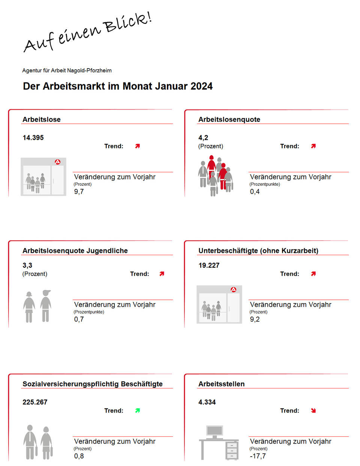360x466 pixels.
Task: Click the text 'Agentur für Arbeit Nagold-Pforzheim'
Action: (67, 70)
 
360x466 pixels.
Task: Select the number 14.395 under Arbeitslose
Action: (33, 138)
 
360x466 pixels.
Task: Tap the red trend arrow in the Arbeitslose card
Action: (138, 146)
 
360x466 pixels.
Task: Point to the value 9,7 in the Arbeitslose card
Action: (79, 192)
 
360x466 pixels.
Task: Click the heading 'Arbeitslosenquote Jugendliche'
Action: (75, 251)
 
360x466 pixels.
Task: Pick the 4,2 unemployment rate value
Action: (203, 138)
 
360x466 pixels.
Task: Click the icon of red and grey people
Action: (215, 176)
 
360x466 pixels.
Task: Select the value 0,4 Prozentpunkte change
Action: (255, 192)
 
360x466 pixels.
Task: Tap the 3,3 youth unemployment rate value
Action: (27, 266)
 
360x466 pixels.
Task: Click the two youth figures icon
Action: (37, 306)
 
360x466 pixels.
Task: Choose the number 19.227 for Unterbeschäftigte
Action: (209, 266)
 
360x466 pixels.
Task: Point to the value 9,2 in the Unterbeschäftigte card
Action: (255, 320)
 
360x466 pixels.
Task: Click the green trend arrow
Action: (138, 411)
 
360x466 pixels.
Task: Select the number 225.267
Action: (35, 402)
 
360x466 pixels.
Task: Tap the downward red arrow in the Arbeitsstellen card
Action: (313, 411)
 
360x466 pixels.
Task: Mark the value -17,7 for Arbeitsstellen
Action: (258, 456)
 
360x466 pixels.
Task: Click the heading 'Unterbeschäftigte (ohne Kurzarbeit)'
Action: (258, 251)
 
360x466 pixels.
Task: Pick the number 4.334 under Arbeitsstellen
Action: (207, 402)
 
